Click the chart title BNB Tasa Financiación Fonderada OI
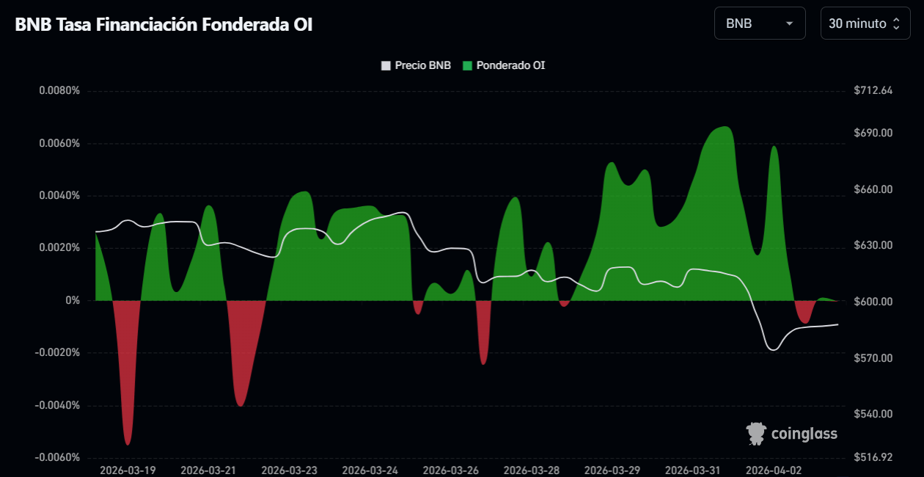tap(164, 24)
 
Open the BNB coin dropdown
tap(759, 23)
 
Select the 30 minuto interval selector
tap(865, 23)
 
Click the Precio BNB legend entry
tap(416, 65)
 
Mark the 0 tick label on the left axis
tap(73, 301)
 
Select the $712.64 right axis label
tap(873, 91)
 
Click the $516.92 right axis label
tap(873, 458)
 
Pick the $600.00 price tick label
tap(873, 302)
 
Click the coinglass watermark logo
tap(792, 434)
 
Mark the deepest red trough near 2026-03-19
tap(128, 444)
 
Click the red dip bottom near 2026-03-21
tap(241, 405)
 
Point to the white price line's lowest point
tap(773, 350)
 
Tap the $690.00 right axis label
tap(873, 133)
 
